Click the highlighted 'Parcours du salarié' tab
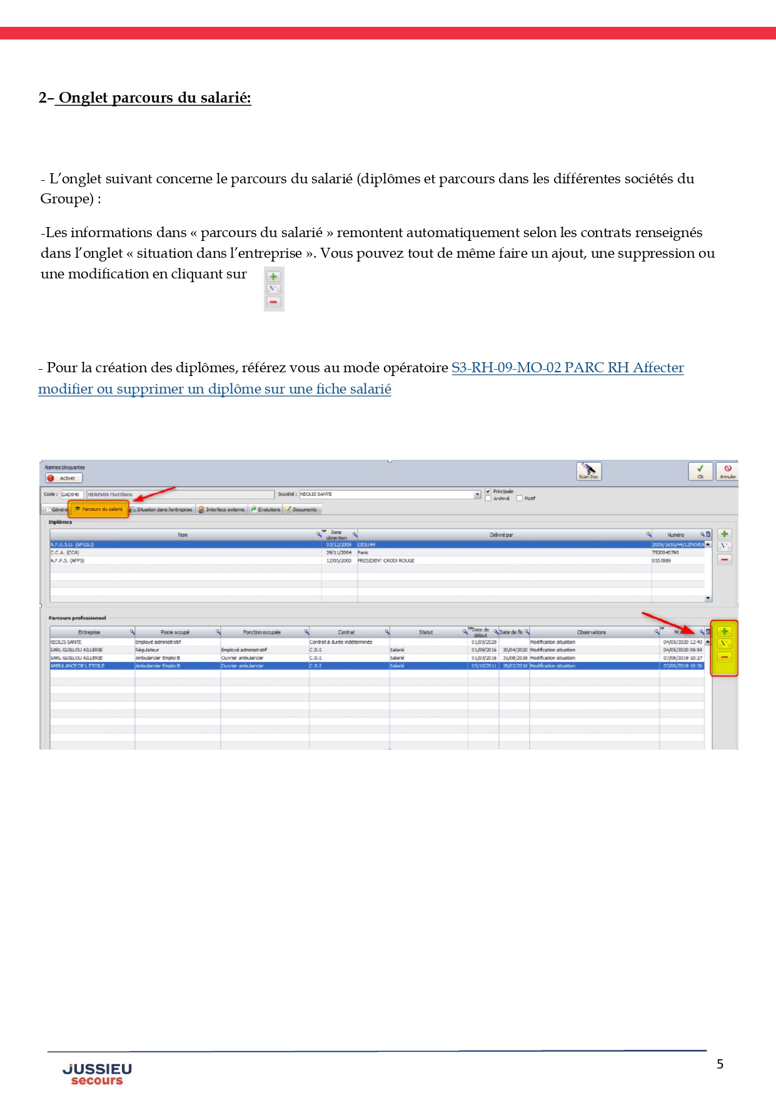(x=99, y=509)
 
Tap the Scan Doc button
(x=588, y=471)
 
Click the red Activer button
(x=61, y=478)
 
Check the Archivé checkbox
(x=488, y=499)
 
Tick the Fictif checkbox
(x=520, y=499)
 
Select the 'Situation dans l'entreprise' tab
(x=163, y=510)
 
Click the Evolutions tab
(x=266, y=510)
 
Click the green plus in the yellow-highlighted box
(x=724, y=631)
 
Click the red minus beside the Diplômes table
(x=724, y=559)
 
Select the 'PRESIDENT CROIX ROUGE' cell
(x=386, y=561)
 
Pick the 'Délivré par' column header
(x=501, y=535)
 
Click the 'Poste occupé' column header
(x=175, y=633)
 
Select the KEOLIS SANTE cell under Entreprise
(x=66, y=642)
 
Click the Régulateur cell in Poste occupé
(x=148, y=650)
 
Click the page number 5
(x=720, y=1064)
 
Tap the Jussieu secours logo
(x=97, y=1074)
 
